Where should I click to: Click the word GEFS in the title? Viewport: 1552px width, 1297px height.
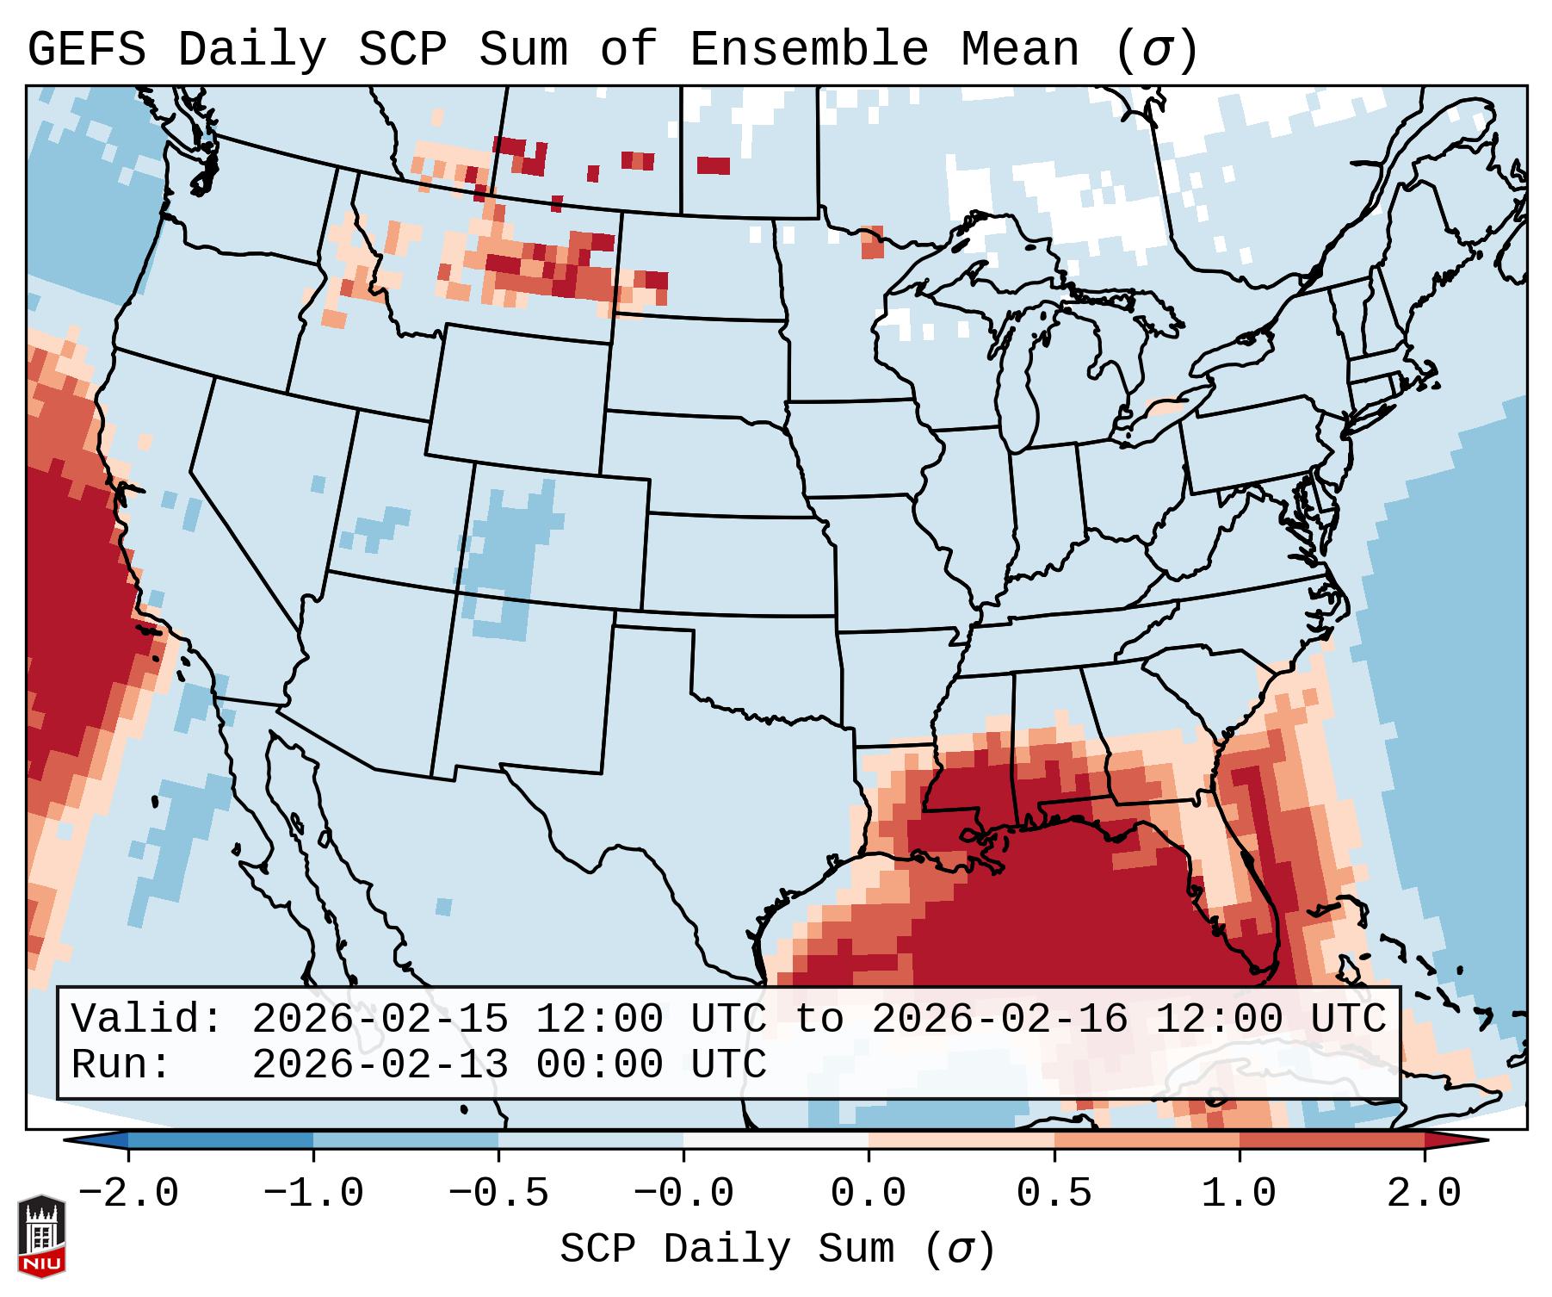pyautogui.click(x=86, y=50)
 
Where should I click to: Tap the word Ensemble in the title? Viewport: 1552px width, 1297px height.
pyautogui.click(x=808, y=50)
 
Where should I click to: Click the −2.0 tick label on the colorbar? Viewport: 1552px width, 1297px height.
pyautogui.click(x=128, y=1194)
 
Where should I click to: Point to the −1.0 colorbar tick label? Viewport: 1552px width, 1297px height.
pyautogui.click(x=313, y=1194)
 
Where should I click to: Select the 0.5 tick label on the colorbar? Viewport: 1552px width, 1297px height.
pyautogui.click(x=1054, y=1194)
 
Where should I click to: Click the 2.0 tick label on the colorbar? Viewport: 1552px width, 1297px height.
pyautogui.click(x=1424, y=1194)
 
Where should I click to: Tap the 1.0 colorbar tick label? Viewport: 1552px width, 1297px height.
pyautogui.click(x=1239, y=1194)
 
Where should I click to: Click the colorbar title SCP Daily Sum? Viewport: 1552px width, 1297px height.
pyautogui.click(x=727, y=1250)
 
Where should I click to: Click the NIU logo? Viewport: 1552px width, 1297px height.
pyautogui.click(x=41, y=1236)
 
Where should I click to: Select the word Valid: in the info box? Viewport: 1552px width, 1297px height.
pyautogui.click(x=147, y=1020)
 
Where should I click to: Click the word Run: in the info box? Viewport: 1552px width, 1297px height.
pyautogui.click(x=121, y=1065)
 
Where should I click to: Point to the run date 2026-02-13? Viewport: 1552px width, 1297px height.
pyautogui.click(x=380, y=1065)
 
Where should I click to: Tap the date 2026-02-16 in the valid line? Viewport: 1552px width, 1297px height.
pyautogui.click(x=999, y=1020)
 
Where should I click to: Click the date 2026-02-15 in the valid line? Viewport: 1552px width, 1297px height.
pyautogui.click(x=380, y=1020)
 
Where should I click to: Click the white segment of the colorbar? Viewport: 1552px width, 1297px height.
pyautogui.click(x=776, y=1140)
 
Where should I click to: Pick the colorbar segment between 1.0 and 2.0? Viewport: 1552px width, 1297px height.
pyautogui.click(x=1332, y=1140)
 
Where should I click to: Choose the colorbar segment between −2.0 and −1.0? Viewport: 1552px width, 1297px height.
pyautogui.click(x=220, y=1140)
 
